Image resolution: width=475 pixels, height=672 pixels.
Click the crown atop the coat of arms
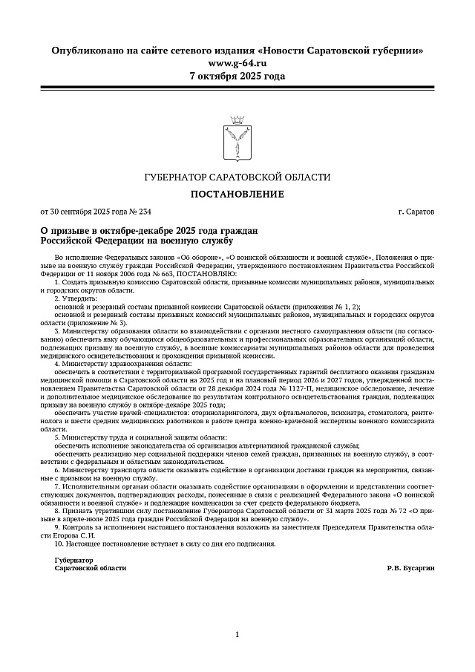pos(237,120)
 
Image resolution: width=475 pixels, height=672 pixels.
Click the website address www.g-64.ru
pos(237,63)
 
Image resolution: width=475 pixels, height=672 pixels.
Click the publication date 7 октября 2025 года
pos(237,76)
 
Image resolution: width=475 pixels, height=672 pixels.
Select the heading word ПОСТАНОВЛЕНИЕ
pos(237,195)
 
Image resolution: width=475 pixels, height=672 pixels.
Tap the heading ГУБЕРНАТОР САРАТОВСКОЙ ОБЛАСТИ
pos(237,177)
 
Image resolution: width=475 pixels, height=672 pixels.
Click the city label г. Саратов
pos(416,212)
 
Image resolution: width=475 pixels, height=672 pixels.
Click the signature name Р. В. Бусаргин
pos(410,568)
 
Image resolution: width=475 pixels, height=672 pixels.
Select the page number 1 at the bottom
pos(237,634)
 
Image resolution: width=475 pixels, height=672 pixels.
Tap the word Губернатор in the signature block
pos(74,560)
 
